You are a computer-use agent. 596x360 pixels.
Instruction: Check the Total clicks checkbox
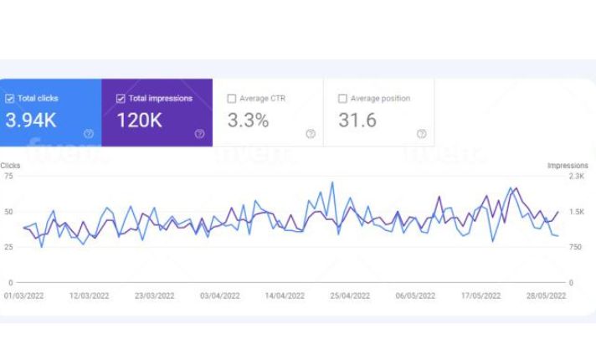(x=10, y=99)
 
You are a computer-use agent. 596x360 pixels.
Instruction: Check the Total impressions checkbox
(x=121, y=99)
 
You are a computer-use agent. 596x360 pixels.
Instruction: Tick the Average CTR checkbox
(x=232, y=99)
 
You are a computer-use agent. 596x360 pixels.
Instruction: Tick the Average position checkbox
(x=342, y=99)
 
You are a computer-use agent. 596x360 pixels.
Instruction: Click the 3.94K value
(x=31, y=121)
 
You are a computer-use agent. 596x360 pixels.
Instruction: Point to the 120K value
(x=139, y=121)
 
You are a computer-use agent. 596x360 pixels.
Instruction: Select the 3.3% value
(x=248, y=121)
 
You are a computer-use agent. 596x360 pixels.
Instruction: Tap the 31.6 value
(x=357, y=121)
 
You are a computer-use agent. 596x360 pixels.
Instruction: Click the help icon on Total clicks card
(x=89, y=134)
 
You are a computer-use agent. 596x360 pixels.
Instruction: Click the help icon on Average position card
(x=421, y=134)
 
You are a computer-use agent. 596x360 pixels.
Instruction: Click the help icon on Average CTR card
(x=311, y=134)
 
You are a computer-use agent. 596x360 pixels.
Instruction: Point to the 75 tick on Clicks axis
(x=8, y=176)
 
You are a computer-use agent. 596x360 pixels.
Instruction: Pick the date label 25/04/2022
(x=350, y=296)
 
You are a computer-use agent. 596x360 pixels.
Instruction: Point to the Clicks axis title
(x=11, y=166)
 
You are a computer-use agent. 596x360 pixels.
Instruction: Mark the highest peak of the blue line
(x=332, y=183)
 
